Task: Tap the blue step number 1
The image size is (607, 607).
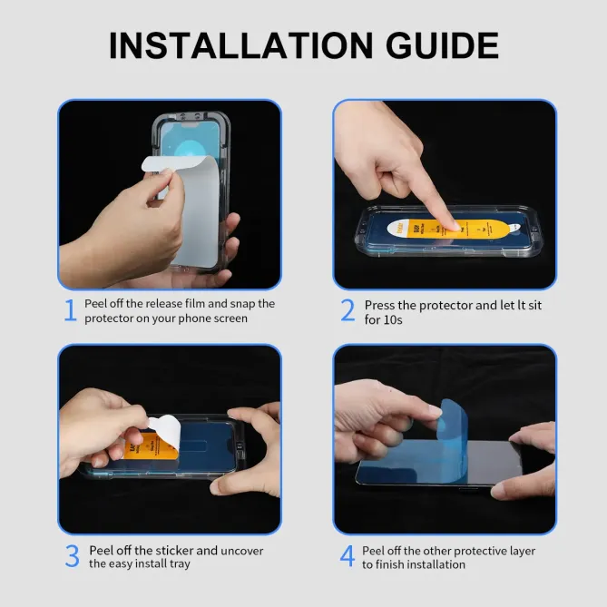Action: coord(70,310)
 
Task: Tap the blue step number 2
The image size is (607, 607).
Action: coord(348,310)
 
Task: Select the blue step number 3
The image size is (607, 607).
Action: coord(72,556)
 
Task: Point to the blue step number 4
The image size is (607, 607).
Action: coord(348,556)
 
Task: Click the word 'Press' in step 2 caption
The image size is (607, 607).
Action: coord(381,306)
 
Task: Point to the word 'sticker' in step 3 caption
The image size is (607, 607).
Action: coord(174,550)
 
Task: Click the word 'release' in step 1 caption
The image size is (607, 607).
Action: coord(168,304)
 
